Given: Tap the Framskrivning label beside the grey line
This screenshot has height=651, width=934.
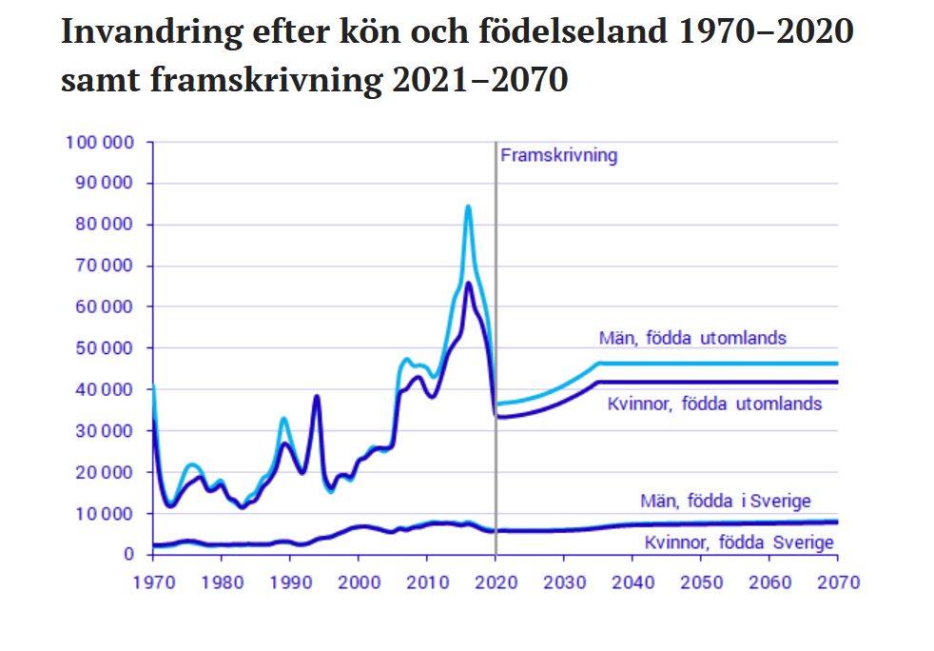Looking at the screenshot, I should point(558,155).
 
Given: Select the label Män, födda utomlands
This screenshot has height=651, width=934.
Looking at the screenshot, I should point(692,338).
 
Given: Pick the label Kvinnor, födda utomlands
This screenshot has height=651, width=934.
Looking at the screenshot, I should point(714,404).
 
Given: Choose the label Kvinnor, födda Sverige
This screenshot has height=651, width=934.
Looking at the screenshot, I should point(739,543).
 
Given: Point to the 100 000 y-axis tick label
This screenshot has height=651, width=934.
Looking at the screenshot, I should point(98,143).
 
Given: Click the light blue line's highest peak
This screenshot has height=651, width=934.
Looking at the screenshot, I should point(468,207).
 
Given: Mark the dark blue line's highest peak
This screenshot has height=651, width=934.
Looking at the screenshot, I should point(469,283).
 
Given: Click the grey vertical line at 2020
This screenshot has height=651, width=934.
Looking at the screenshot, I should point(496,286).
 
